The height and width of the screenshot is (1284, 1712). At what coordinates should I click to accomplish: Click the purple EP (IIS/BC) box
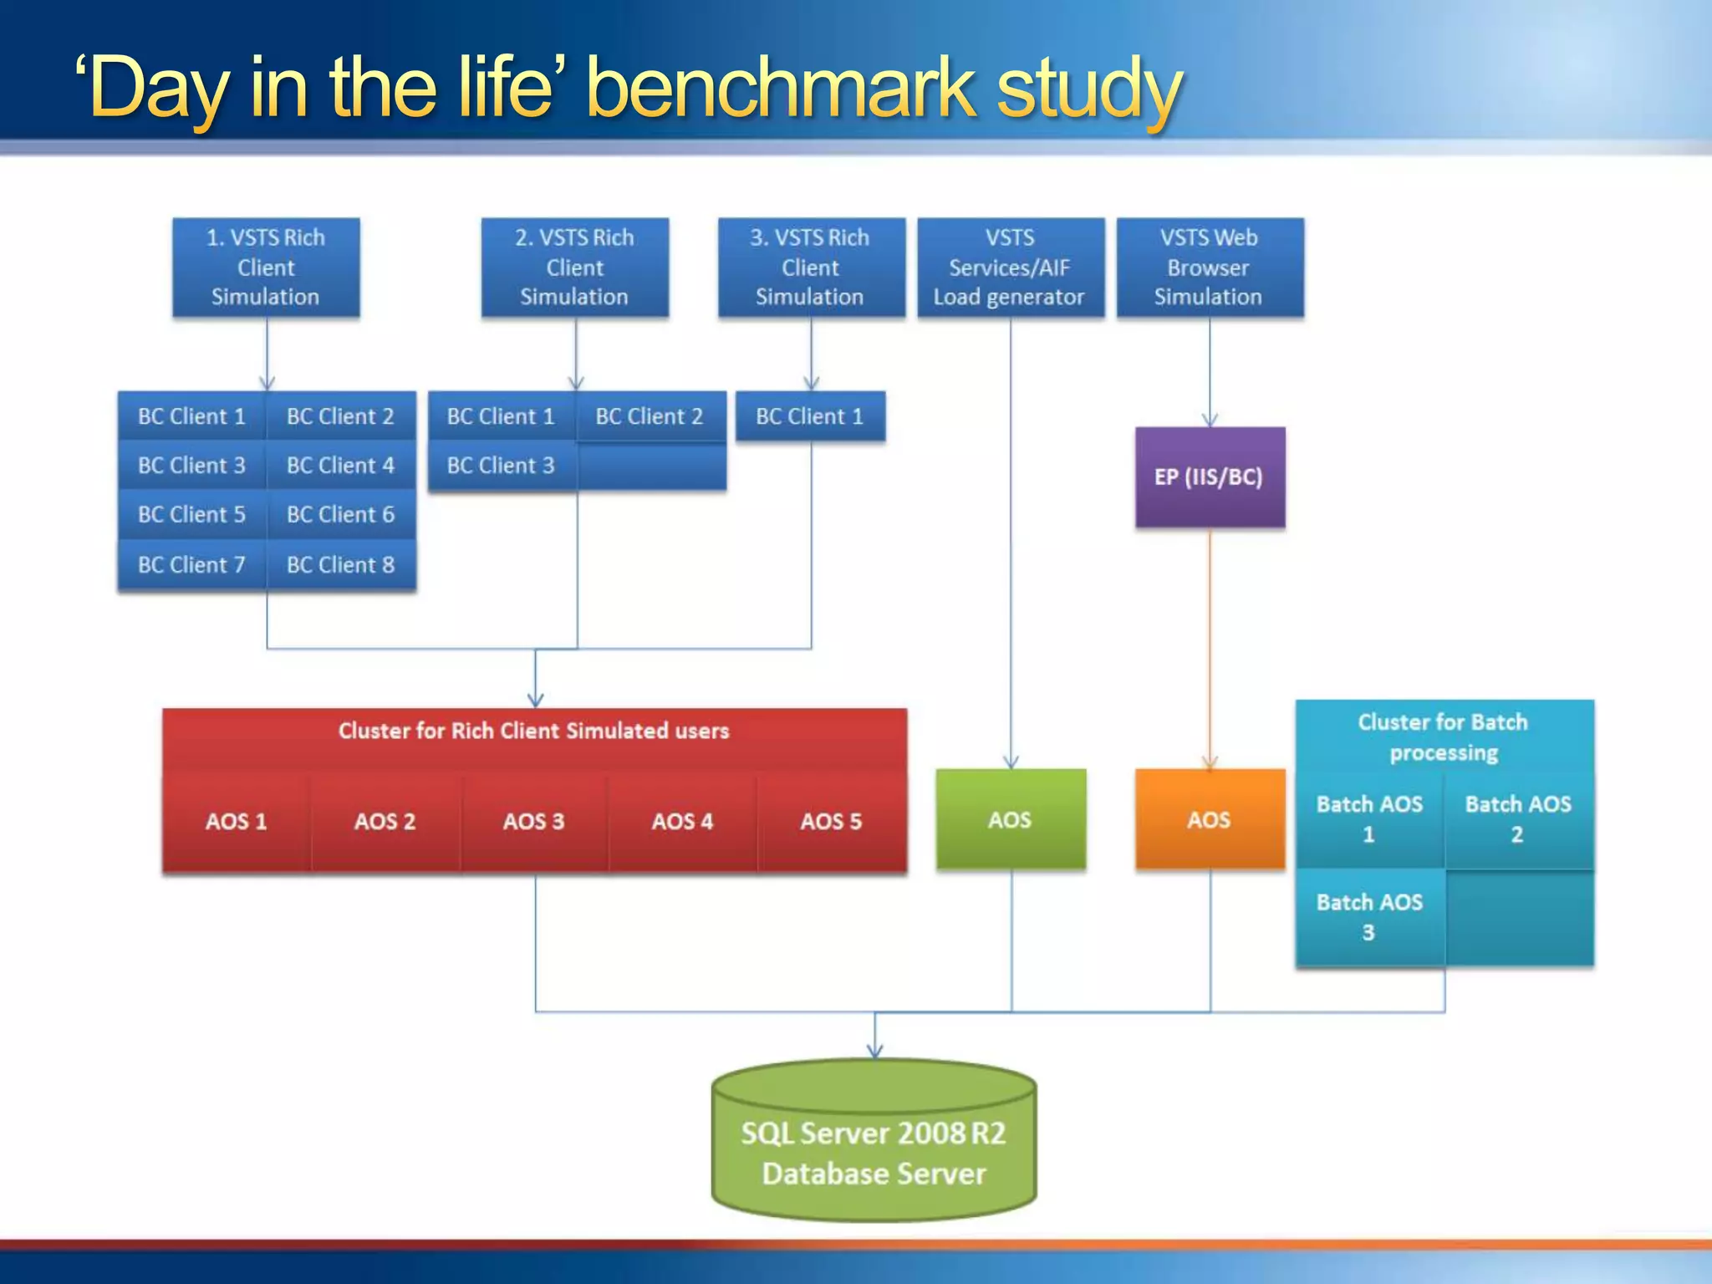coord(1210,477)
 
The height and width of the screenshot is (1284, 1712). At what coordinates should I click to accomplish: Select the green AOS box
coord(1011,819)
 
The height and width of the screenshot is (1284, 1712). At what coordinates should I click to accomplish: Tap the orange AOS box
coord(1210,819)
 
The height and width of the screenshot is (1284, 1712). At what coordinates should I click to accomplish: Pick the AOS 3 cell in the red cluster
coord(534,822)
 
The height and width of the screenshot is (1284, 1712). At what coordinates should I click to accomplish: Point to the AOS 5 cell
coord(831,822)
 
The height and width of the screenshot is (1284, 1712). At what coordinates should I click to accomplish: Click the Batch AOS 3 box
coord(1369,917)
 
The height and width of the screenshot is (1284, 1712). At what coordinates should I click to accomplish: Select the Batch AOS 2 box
coord(1518,819)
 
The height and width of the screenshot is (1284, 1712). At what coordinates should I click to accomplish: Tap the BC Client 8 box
coord(340,565)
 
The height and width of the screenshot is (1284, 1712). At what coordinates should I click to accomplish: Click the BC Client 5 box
coord(191,515)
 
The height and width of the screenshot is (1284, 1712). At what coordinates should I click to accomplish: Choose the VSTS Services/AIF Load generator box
coord(1010,267)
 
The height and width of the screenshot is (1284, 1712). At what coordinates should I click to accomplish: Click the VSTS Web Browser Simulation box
coord(1209,267)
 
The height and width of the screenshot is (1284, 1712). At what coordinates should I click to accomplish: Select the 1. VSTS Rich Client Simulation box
coord(266,267)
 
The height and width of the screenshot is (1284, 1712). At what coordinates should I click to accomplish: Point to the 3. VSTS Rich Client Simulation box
coord(810,267)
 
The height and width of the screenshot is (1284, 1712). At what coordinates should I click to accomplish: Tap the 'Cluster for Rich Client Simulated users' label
coord(534,731)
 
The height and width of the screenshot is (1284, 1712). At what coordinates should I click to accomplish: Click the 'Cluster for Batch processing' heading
coord(1444,737)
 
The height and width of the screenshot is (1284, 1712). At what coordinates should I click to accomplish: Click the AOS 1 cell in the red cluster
coord(237,822)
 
